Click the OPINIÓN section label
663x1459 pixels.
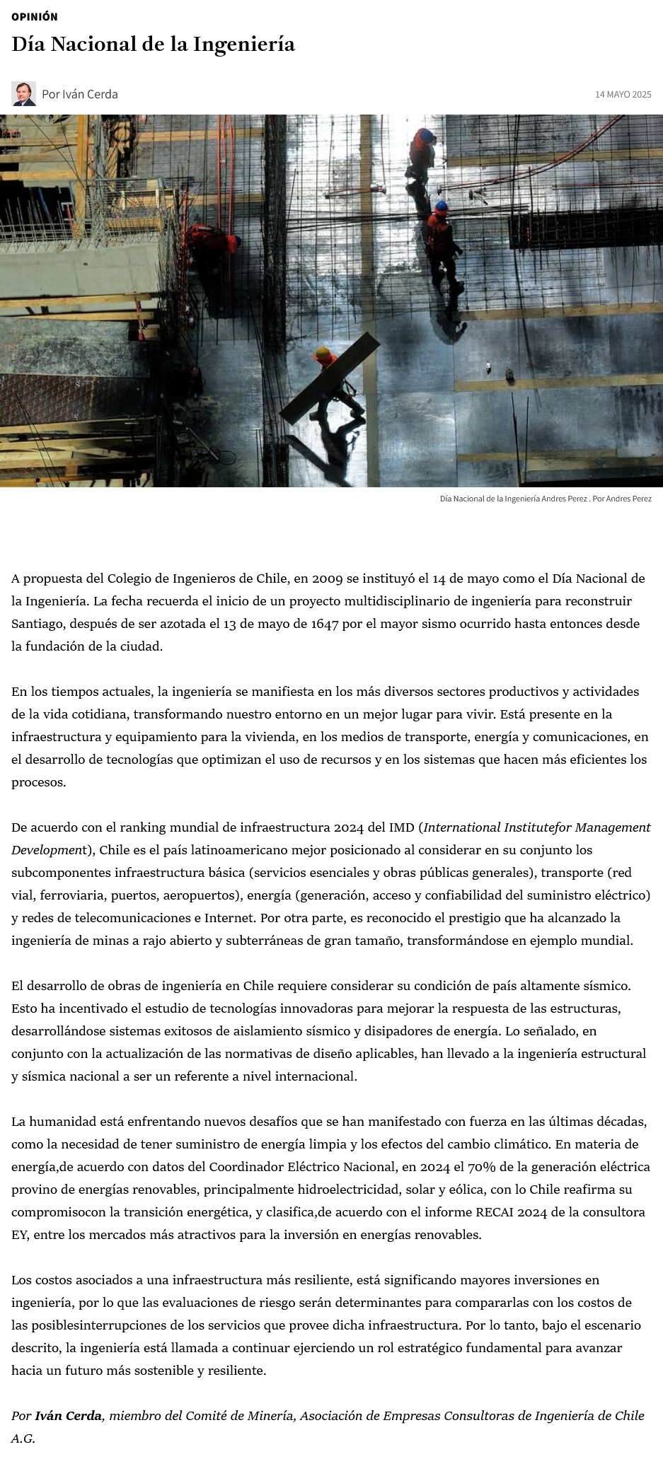[x=35, y=16]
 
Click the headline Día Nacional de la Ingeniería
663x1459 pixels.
[x=153, y=45]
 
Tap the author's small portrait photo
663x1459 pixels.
[x=23, y=93]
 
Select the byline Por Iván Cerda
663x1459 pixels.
[x=79, y=94]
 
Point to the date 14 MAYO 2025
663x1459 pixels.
[x=623, y=94]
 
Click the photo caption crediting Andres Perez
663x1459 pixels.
[x=546, y=499]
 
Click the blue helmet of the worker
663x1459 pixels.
[x=442, y=207]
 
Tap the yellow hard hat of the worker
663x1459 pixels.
[x=323, y=351]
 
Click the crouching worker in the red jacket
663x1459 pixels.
[x=212, y=244]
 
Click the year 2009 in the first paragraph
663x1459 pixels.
[x=327, y=579]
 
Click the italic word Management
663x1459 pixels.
[x=613, y=827]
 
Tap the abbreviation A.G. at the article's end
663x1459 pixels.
[x=23, y=1438]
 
